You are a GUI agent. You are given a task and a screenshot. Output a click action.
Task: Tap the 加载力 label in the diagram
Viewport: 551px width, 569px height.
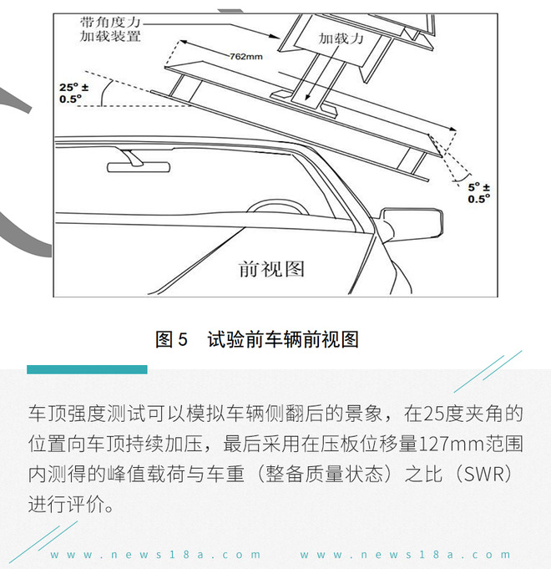(x=341, y=38)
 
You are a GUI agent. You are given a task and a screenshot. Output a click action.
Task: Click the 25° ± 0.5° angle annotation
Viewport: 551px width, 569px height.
(x=74, y=93)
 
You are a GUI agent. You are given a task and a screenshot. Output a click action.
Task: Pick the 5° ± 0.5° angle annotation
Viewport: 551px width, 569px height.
(x=479, y=193)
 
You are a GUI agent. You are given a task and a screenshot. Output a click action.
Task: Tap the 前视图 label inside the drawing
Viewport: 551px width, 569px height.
(x=271, y=268)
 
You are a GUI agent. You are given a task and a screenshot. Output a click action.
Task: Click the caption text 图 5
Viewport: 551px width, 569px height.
(x=172, y=339)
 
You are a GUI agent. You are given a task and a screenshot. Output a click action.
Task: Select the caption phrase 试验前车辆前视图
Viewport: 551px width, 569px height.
(x=283, y=339)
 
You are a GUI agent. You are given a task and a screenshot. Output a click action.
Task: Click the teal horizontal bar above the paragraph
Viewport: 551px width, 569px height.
(x=87, y=369)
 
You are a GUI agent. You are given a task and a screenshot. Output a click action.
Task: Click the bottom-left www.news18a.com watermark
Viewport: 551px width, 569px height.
(x=155, y=555)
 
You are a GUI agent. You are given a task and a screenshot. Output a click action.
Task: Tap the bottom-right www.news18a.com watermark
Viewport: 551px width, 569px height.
(x=405, y=555)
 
